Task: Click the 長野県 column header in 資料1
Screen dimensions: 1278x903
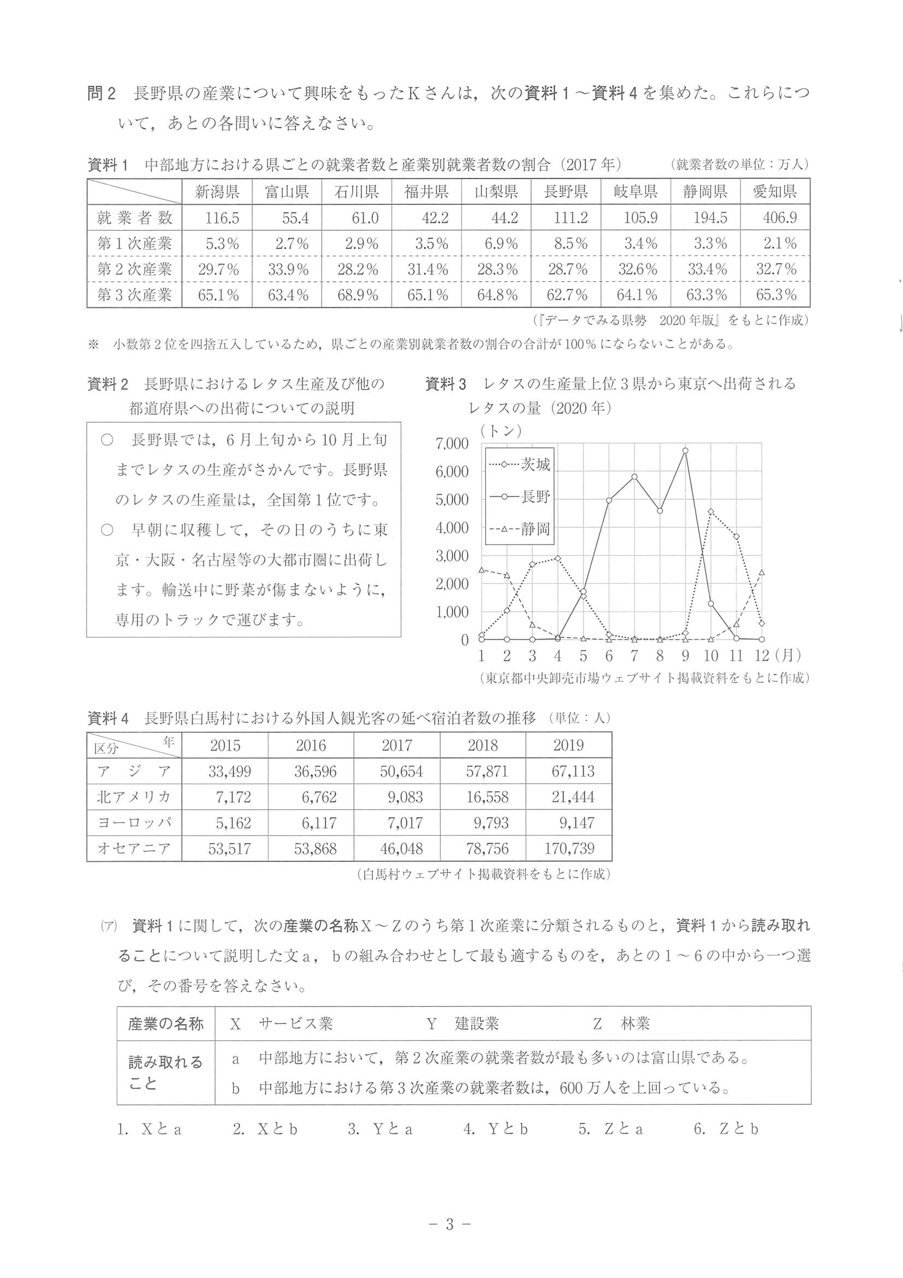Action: pos(566,192)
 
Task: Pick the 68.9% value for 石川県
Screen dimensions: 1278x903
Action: pos(358,294)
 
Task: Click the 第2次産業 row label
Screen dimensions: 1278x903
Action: pos(135,269)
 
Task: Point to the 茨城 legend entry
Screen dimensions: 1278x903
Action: pos(520,464)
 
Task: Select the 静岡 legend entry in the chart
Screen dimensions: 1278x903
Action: pos(520,529)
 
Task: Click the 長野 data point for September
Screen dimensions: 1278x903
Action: pos(685,451)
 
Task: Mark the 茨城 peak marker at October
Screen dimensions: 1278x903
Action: pos(710,511)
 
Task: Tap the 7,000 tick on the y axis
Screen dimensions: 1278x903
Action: pos(453,443)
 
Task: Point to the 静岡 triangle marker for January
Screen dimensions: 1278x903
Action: pos(482,570)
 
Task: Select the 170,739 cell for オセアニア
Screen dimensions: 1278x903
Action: pos(573,848)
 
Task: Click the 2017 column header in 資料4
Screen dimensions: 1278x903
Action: pos(397,745)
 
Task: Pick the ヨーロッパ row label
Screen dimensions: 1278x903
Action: pos(134,823)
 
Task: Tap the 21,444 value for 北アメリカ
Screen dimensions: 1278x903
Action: pos(573,797)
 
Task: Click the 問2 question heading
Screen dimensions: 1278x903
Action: pos(101,93)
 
